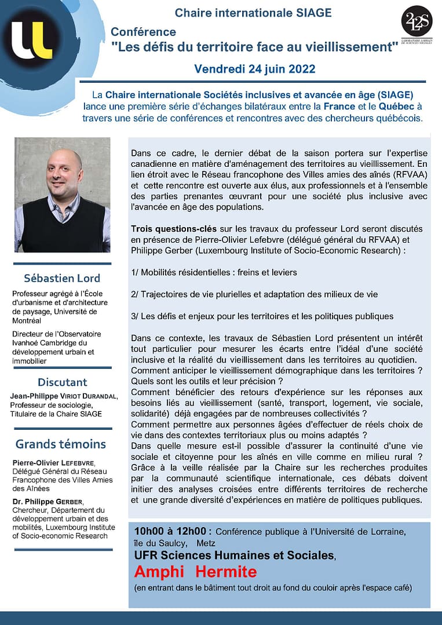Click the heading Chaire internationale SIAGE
tap(253, 13)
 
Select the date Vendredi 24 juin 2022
tap(255, 69)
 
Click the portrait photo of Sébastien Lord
tap(62, 195)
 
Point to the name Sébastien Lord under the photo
tap(62, 277)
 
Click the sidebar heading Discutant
tap(62, 382)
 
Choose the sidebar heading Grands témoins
tap(61, 444)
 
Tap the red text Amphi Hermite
tap(195, 572)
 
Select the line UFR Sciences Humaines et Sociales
tap(235, 555)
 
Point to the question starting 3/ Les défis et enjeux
tap(262, 316)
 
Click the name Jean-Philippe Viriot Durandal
tap(64, 396)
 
